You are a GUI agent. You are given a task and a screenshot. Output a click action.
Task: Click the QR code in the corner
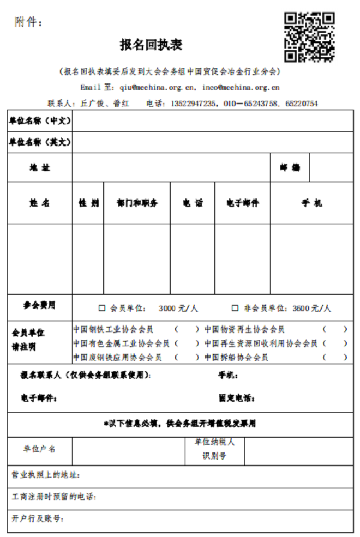[x=308, y=37]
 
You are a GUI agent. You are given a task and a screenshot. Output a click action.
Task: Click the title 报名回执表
[x=151, y=45]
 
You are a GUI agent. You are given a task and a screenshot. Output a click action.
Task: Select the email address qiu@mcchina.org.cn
[x=154, y=87]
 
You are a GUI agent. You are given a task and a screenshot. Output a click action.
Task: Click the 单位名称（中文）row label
[x=39, y=121]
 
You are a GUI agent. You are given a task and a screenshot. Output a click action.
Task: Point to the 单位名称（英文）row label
[x=39, y=142]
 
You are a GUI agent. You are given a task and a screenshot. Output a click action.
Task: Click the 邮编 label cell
[x=290, y=167]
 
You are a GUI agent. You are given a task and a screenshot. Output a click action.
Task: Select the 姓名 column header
[x=39, y=203]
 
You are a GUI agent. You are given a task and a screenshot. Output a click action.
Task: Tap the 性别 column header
[x=88, y=203]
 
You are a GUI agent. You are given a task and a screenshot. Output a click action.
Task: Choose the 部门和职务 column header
[x=136, y=203]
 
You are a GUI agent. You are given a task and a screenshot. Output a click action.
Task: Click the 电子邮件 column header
[x=242, y=203]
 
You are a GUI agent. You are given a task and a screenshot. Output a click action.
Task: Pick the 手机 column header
[x=311, y=203]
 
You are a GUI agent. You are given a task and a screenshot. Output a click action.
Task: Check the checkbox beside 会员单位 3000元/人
[x=102, y=308]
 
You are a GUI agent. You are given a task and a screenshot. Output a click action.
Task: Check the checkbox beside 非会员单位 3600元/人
[x=235, y=308]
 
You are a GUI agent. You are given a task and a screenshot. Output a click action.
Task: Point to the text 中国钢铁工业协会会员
[x=113, y=329]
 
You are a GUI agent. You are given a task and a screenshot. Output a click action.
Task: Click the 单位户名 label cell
[x=39, y=449]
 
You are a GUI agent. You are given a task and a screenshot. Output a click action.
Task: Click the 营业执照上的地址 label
[x=46, y=475]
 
